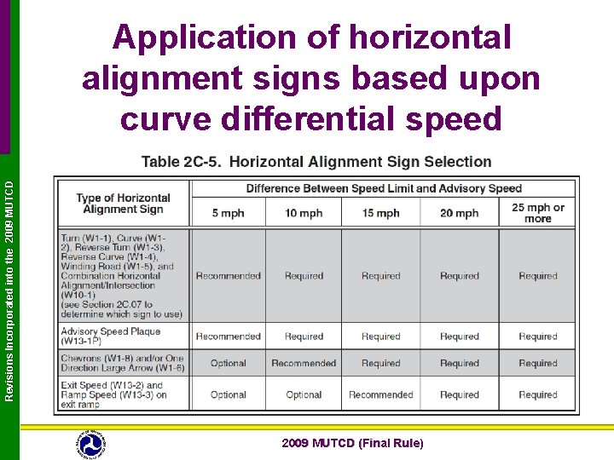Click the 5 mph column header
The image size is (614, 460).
228,213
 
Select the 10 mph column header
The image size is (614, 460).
304,213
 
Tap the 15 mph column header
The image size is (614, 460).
380,213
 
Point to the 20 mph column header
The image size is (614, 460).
459,213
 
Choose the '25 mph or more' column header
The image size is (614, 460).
537,213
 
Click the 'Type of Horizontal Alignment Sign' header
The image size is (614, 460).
123,204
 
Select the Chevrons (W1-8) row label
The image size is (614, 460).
122,363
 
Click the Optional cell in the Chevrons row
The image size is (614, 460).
228,364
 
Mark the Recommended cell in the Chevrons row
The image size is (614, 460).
304,364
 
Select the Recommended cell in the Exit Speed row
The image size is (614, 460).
380,395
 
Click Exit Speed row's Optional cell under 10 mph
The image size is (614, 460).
304,395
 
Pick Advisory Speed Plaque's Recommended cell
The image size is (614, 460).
228,336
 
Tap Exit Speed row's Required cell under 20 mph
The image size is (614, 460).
459,395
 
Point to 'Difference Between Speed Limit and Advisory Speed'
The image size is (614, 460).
384,188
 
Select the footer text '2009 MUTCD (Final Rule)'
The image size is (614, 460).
352,443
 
